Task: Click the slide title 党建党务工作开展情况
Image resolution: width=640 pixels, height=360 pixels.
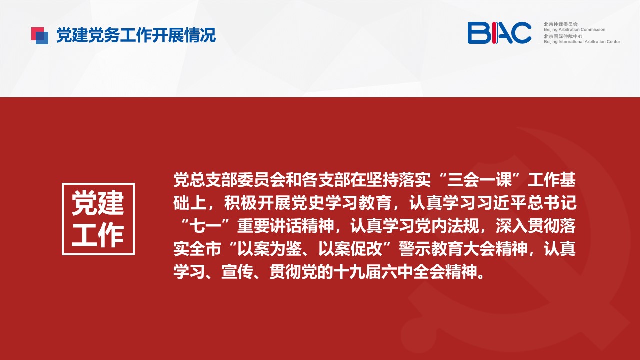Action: pyautogui.click(x=136, y=35)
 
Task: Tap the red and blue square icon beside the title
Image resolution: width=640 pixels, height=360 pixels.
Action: pyautogui.click(x=40, y=35)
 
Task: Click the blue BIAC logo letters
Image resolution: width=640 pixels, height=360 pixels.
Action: pyautogui.click(x=499, y=33)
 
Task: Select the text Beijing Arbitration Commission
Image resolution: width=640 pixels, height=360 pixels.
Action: pyautogui.click(x=574, y=29)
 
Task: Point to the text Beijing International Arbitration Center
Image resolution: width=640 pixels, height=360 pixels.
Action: pyautogui.click(x=582, y=42)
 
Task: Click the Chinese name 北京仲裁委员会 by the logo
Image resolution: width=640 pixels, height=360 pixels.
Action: pyautogui.click(x=561, y=24)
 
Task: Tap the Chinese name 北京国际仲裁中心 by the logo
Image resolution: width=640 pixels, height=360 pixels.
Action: pyautogui.click(x=563, y=36)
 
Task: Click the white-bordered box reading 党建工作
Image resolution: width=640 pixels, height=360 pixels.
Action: pyautogui.click(x=98, y=219)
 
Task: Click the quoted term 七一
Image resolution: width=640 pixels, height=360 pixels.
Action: pyautogui.click(x=205, y=226)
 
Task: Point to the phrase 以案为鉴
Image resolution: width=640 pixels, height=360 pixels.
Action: pyautogui.click(x=270, y=249)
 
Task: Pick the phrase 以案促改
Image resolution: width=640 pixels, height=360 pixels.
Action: pyautogui.click(x=350, y=249)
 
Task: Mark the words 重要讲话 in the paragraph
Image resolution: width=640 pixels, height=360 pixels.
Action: pyautogui.click(x=269, y=226)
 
